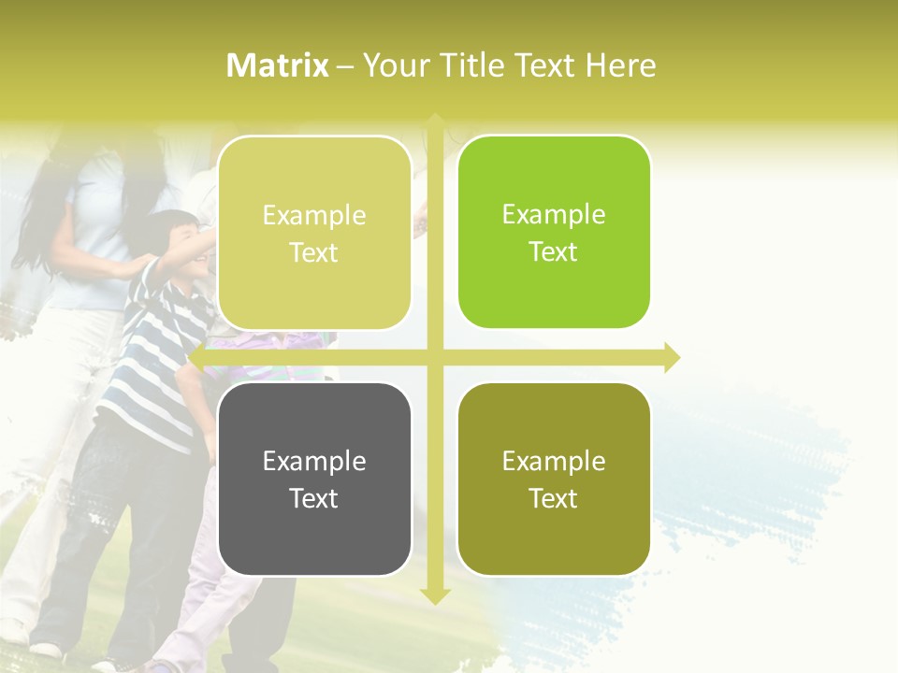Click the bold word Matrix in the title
(278, 65)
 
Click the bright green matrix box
(554, 232)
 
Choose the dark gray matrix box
(314, 479)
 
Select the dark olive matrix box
(554, 479)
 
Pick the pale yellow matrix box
(314, 233)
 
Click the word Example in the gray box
(314, 461)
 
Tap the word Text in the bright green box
(554, 252)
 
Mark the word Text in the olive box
(554, 499)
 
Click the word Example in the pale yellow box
(314, 215)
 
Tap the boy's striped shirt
(154, 355)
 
